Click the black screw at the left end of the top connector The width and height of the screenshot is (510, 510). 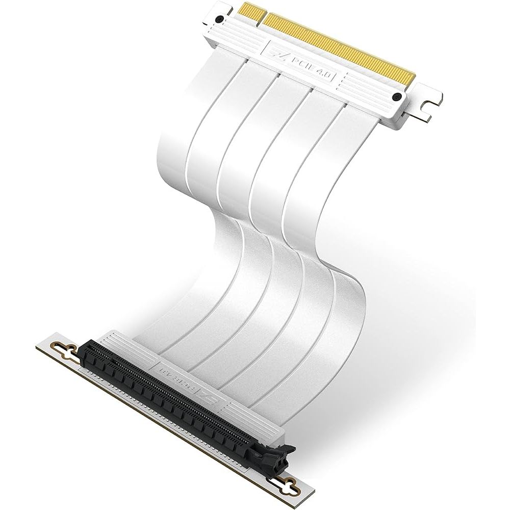219,19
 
